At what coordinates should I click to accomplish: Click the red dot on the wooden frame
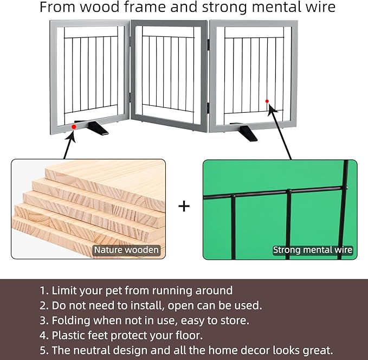74,127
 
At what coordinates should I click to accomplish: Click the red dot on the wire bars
267,101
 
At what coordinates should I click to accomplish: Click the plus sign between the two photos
184,206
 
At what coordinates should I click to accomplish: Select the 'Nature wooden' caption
126,250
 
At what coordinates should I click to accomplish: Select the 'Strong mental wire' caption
313,250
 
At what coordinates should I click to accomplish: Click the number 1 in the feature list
43,291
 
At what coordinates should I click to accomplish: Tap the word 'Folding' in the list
70,321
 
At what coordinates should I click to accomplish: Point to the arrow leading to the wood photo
70,144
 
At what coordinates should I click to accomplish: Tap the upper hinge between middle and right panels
209,44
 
